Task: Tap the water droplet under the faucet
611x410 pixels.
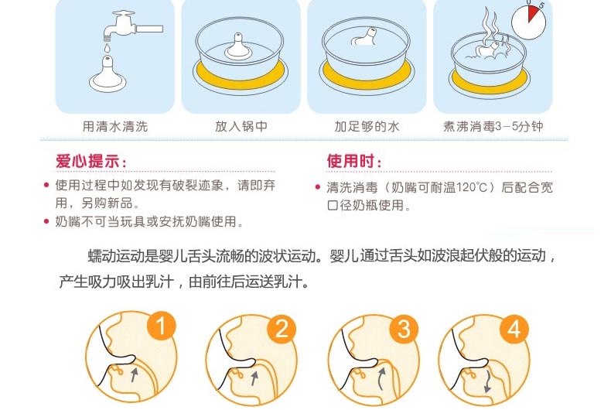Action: pos(108,48)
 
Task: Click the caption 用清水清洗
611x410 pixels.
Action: pos(115,126)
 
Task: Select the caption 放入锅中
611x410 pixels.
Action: pos(241,126)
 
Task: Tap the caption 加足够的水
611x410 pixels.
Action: pos(367,126)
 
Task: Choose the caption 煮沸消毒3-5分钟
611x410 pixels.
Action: pos(493,126)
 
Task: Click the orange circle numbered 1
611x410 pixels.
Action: pos(162,326)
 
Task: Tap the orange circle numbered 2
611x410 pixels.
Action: pos(282,328)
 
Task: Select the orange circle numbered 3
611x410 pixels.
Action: pos(404,328)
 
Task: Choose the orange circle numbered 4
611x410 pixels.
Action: pos(514,328)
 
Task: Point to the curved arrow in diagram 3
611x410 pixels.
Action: pos(381,378)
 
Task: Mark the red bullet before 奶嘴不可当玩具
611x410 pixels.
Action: pos(46,221)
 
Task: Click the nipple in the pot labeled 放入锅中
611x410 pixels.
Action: pos(238,47)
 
